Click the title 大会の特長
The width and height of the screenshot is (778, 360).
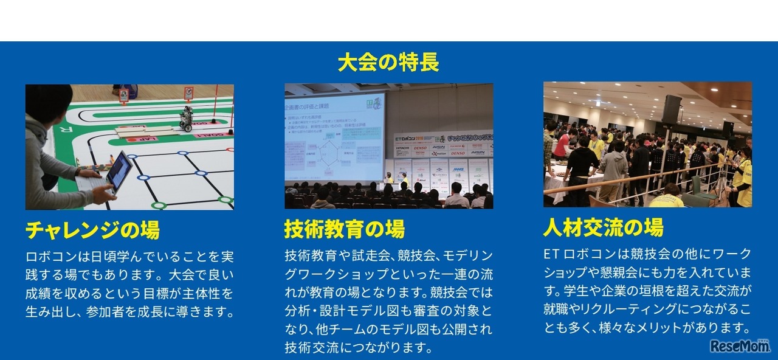click(x=388, y=62)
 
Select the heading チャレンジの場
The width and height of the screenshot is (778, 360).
click(x=92, y=230)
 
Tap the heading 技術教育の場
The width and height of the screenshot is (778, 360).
click(x=344, y=229)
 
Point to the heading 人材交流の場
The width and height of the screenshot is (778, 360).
click(x=603, y=227)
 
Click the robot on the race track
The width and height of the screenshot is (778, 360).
click(x=186, y=118)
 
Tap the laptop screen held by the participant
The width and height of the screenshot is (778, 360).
click(x=119, y=170)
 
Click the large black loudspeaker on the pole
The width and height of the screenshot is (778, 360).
click(x=671, y=109)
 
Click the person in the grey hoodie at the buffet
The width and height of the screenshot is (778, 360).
click(x=614, y=167)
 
